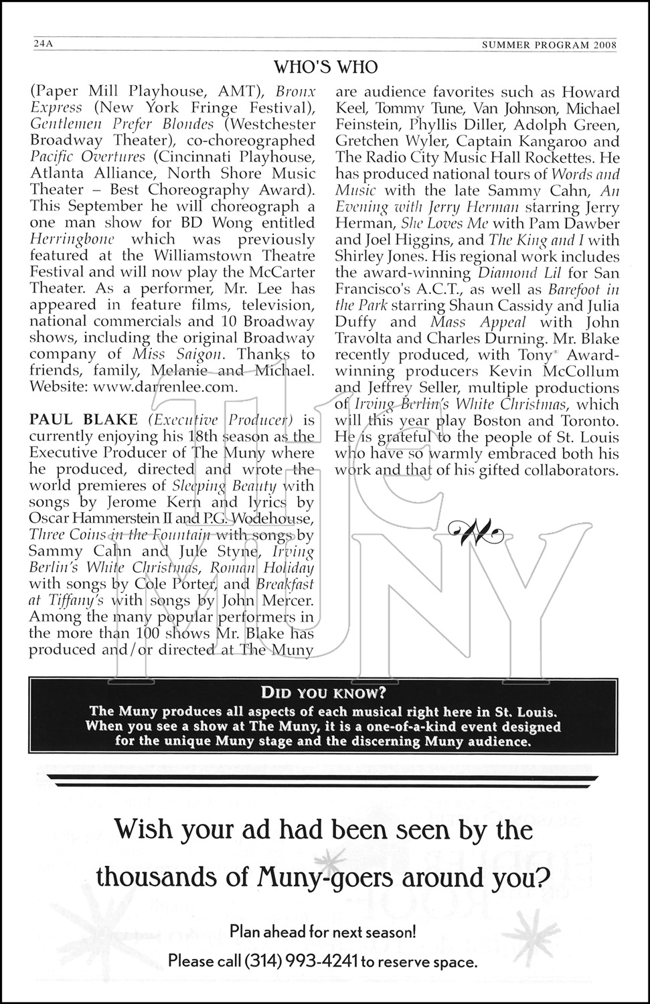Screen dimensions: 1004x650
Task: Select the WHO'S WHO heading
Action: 326,67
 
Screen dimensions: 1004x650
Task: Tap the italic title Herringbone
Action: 73,239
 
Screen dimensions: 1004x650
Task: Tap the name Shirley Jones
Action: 380,256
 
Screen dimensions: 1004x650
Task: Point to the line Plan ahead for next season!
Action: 323,931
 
